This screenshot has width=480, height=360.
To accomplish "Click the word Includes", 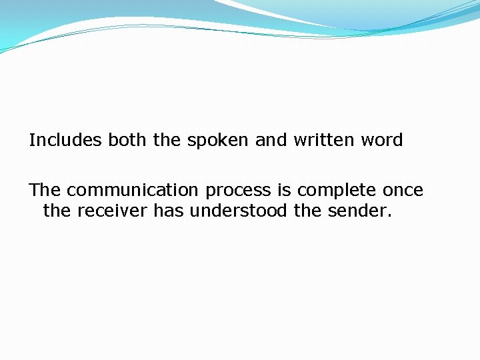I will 65,141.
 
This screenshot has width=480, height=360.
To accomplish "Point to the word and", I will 271,141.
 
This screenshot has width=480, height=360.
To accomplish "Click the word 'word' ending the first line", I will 381,141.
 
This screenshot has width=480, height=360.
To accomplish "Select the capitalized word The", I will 45,191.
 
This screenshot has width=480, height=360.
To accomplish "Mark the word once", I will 403,191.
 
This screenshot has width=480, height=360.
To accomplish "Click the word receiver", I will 113,211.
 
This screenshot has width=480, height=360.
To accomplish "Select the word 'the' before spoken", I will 167,141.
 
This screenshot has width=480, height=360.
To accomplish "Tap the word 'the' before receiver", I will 58,211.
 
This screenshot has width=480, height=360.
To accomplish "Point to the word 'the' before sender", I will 307,211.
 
